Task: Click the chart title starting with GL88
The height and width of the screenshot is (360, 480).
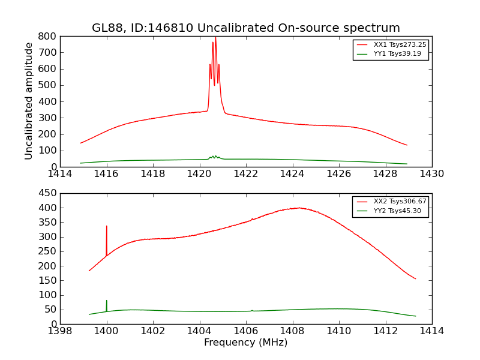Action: (x=245, y=28)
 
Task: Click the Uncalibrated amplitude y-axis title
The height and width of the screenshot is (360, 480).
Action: (x=29, y=101)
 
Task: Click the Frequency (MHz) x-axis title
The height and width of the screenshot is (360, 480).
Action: (x=245, y=343)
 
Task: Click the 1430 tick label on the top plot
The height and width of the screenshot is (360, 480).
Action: (x=431, y=174)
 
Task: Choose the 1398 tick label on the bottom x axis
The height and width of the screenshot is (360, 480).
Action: (x=60, y=331)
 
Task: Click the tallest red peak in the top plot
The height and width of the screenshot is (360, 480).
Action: (x=215, y=38)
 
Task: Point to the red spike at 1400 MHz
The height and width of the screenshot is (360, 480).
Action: (x=107, y=227)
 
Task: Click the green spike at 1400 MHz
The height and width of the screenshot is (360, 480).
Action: (x=107, y=301)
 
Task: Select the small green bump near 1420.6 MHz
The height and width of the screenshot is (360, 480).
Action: (x=214, y=157)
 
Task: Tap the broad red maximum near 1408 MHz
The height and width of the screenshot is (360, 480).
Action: (x=299, y=208)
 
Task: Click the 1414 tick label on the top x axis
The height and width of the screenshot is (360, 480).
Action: (x=60, y=174)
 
